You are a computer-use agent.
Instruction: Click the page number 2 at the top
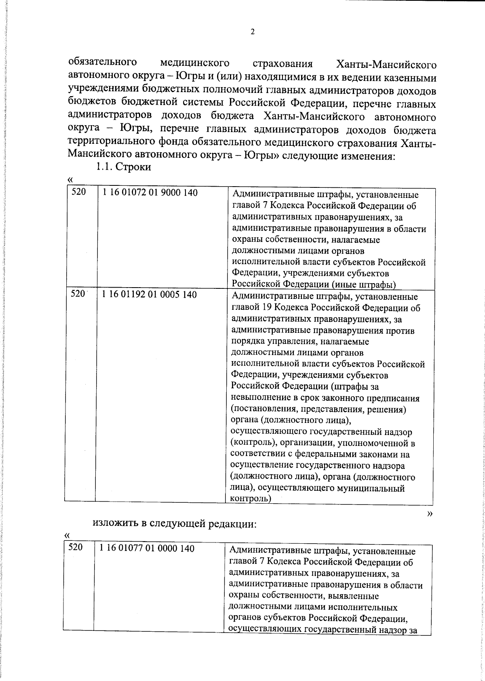coord(253,32)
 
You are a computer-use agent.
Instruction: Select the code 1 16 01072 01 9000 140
coord(150,193)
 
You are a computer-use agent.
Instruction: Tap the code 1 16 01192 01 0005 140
coord(150,294)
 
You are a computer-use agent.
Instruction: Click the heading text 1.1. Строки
coord(123,167)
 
